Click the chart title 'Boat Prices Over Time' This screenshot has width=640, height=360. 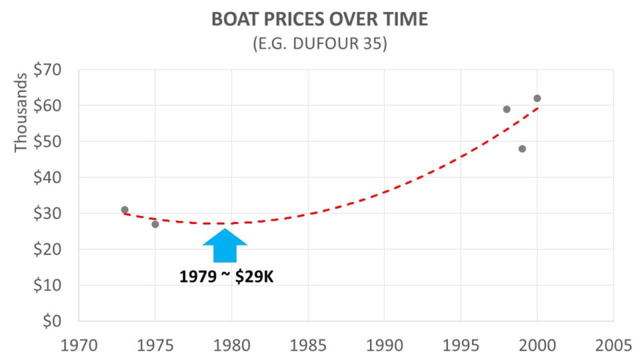pos(319,19)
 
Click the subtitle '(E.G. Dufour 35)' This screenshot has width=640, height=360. pos(319,45)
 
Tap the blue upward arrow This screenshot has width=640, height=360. pos(225,245)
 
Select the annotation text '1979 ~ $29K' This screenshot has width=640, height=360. pos(227,276)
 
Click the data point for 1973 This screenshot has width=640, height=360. pos(125,210)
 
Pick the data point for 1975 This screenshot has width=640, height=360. pos(155,224)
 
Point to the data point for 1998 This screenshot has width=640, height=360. pos(507,109)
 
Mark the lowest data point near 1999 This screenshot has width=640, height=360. pos(522,149)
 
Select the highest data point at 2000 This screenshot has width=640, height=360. pos(537,99)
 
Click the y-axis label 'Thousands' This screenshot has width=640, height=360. pos(21,113)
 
